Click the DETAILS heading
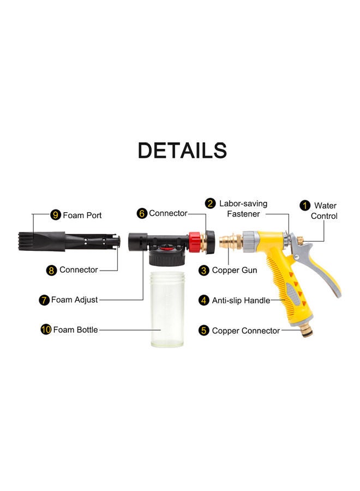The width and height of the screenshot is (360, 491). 182,151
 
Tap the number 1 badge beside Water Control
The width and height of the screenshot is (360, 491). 305,206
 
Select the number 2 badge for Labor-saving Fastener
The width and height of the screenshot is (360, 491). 210,203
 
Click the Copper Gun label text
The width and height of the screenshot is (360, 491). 234,270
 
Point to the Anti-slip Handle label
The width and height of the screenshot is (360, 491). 241,300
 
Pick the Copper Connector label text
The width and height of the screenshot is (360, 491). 245,331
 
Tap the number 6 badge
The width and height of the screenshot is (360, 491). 142,213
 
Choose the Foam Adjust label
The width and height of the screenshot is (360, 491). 74,300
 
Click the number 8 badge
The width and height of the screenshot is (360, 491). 52,270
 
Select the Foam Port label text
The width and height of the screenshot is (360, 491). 82,215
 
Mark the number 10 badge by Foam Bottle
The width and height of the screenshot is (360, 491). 46,330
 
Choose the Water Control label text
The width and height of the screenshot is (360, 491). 325,211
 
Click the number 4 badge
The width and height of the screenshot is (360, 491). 204,300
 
